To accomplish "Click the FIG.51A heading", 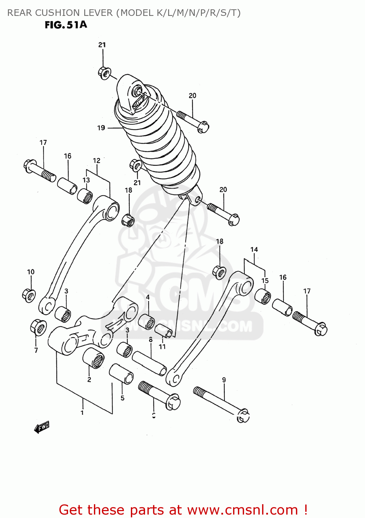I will coord(66,25).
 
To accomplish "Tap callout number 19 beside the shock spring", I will coord(101,128).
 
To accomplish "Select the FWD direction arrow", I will coord(42,427).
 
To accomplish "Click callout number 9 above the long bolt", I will coord(224,380).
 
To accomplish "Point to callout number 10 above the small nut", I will coord(31,272).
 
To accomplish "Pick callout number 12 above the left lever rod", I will coord(97,161).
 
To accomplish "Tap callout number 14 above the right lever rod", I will coord(254,249).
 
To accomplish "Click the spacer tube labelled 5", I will coord(121,374).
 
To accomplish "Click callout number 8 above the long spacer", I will coord(151,340).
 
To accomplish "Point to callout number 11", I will coord(162,346).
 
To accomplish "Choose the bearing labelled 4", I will coord(147,322).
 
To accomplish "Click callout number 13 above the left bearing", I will coord(86,180).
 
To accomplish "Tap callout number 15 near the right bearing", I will coord(265,281).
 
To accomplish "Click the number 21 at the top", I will coord(102,45).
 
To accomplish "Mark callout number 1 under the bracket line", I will coord(82,412).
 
